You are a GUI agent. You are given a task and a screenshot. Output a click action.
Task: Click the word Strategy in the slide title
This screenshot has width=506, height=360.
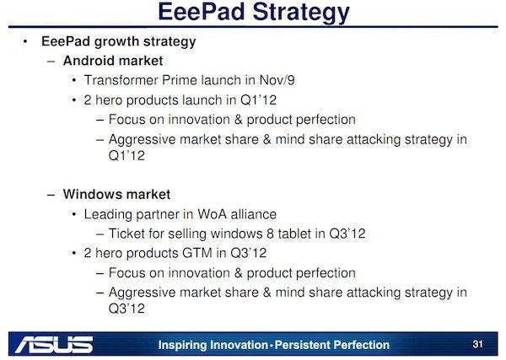pos(289,13)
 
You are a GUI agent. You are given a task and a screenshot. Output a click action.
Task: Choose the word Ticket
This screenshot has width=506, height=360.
pos(144,234)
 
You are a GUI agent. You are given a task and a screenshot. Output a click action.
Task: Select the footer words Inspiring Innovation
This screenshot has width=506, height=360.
pos(214,345)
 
